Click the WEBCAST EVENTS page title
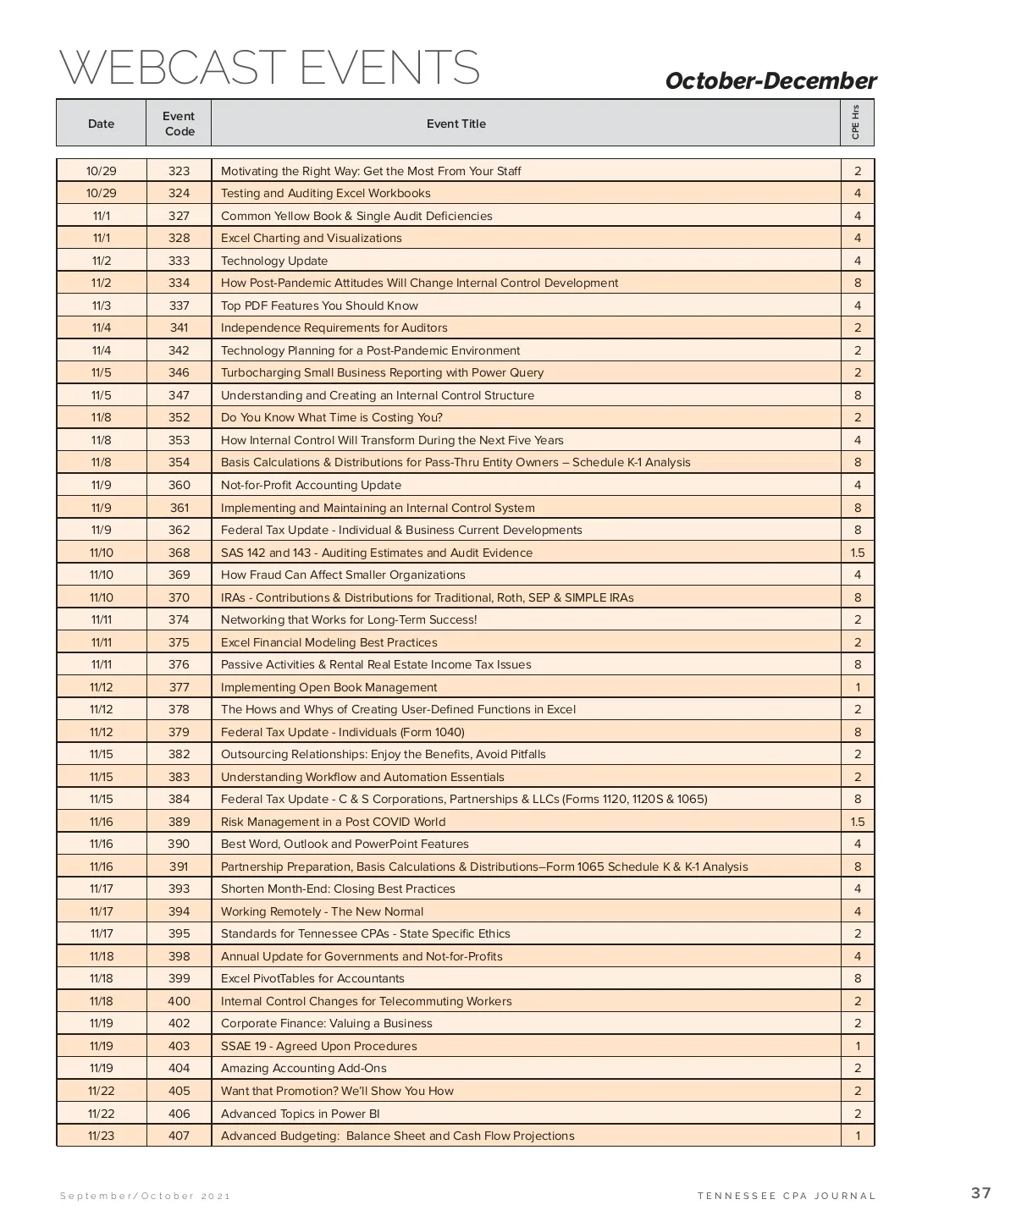click(269, 68)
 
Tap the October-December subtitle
click(770, 81)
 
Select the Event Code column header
click(179, 124)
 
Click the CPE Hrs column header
click(856, 123)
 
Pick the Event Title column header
click(456, 124)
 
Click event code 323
click(179, 171)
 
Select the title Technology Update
click(274, 261)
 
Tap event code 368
click(179, 553)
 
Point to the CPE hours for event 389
click(857, 822)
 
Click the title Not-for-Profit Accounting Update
click(311, 485)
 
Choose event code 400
click(179, 1001)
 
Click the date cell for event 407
click(101, 1136)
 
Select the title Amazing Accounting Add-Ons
click(303, 1068)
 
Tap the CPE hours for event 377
click(857, 687)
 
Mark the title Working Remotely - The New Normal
click(322, 911)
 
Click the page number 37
click(980, 1193)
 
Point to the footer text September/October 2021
click(145, 1196)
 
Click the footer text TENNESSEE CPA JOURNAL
click(787, 1196)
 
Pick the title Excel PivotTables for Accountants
click(312, 978)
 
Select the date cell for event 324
click(101, 193)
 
